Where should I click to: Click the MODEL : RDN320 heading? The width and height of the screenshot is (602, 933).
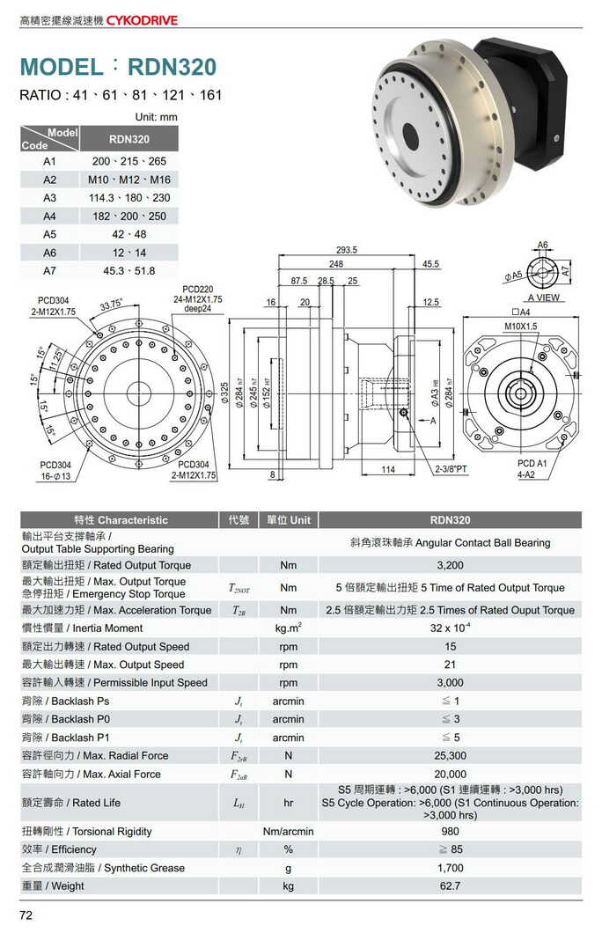118,67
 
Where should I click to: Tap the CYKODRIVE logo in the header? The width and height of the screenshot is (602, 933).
143,18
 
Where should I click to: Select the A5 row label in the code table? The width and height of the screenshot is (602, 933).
49,234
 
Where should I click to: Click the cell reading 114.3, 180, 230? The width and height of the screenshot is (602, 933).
128,198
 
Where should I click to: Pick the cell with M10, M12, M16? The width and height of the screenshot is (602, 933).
128,180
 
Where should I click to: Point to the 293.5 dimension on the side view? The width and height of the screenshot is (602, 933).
348,250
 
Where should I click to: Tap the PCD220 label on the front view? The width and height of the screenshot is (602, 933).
197,289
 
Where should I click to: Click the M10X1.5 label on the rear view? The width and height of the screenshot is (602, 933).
521,327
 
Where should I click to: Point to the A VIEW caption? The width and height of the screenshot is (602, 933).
544,298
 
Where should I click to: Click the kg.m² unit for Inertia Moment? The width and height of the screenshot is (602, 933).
288,628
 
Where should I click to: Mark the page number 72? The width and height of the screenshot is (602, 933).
26,915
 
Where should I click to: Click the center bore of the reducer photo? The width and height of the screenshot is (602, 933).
410,135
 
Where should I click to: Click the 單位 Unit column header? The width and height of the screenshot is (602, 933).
288,520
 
